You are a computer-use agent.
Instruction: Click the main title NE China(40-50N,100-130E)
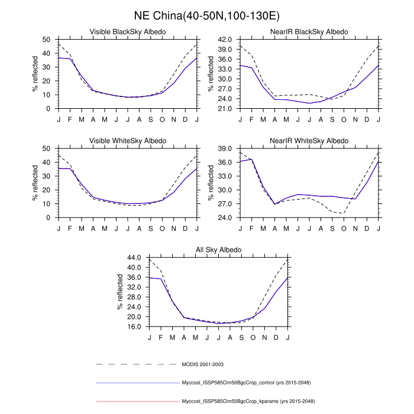pyautogui.click(x=207, y=14)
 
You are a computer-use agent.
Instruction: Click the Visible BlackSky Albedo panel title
pyautogui.click(x=127, y=31)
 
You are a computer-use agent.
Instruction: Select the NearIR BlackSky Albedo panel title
pyautogui.click(x=309, y=31)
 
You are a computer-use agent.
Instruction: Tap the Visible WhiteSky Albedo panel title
pyautogui.click(x=127, y=141)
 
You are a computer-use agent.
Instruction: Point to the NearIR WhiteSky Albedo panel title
pyautogui.click(x=309, y=141)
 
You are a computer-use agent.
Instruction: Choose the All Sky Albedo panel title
pyautogui.click(x=218, y=250)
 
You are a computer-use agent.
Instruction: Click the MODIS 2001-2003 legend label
pyautogui.click(x=202, y=364)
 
